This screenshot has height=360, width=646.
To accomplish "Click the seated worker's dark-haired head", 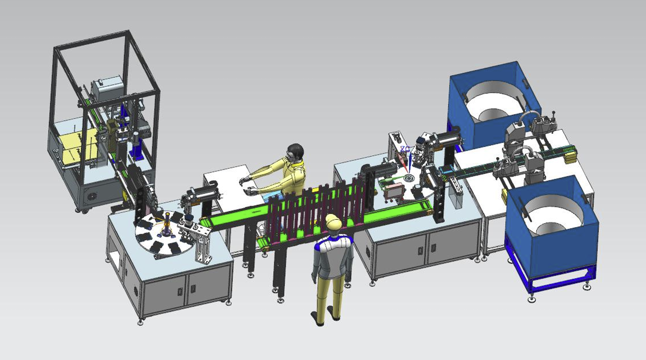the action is (x=296, y=152).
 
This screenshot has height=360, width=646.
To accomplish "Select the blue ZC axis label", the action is (x=405, y=149).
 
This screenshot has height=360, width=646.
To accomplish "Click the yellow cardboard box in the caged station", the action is (x=78, y=143).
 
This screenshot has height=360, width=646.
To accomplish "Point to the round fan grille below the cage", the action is (x=92, y=197).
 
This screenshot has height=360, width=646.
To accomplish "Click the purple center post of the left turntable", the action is (x=167, y=224).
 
